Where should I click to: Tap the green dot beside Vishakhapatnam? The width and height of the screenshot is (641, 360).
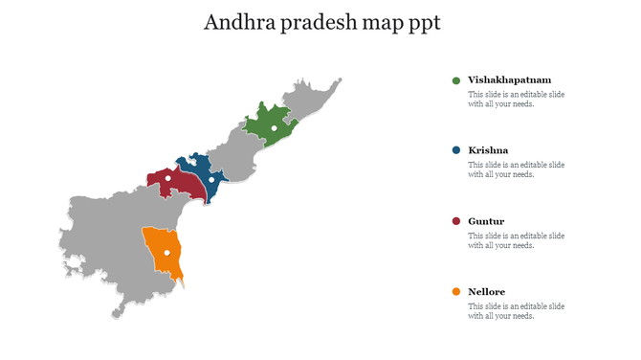[456, 80]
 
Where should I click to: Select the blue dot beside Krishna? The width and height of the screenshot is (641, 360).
[456, 151]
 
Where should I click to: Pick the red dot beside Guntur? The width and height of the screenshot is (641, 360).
[456, 222]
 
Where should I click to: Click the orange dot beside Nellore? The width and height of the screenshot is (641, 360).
[456, 292]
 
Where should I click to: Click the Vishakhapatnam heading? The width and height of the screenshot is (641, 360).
[509, 80]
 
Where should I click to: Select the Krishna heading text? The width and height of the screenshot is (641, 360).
[488, 151]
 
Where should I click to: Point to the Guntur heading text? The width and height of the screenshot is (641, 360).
[486, 222]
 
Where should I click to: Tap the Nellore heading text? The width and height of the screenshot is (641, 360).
[487, 292]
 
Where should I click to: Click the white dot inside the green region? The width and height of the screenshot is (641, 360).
[274, 128]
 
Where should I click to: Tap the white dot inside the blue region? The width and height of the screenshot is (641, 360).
[211, 179]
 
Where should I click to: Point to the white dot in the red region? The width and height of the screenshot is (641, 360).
[168, 178]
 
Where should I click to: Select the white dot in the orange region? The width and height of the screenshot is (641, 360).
[166, 253]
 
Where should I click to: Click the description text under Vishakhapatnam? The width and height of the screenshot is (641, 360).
[516, 100]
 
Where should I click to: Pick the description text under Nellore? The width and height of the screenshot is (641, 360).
[516, 311]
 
